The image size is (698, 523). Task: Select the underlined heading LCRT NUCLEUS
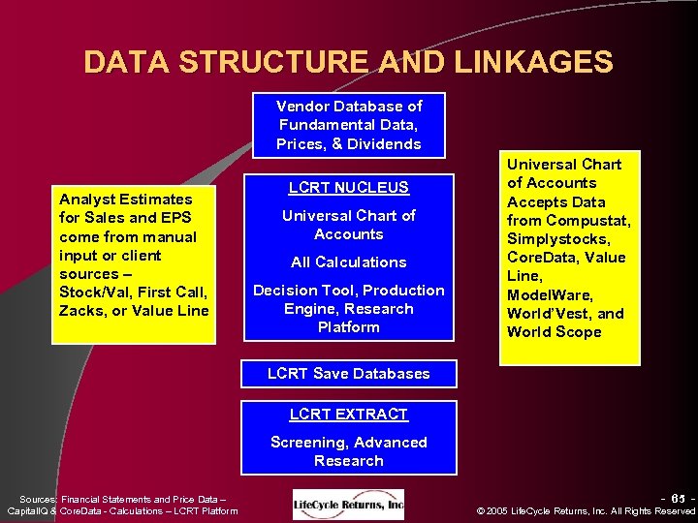[349, 188]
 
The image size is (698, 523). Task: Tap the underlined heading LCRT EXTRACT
[349, 415]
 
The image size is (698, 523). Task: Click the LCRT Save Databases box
[349, 374]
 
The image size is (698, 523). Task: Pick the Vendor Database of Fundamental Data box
[349, 125]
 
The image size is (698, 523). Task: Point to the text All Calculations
[349, 262]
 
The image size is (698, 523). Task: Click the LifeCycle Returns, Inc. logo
[349, 504]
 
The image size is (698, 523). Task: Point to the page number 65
[678, 498]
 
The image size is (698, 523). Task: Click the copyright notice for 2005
[587, 511]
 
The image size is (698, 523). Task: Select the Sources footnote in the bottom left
[122, 505]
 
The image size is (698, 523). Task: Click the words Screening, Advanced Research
[349, 451]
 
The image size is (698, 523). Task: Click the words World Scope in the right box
[555, 332]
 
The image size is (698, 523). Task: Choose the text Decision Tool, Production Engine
[349, 299]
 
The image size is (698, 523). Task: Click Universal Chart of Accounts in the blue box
[349, 225]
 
